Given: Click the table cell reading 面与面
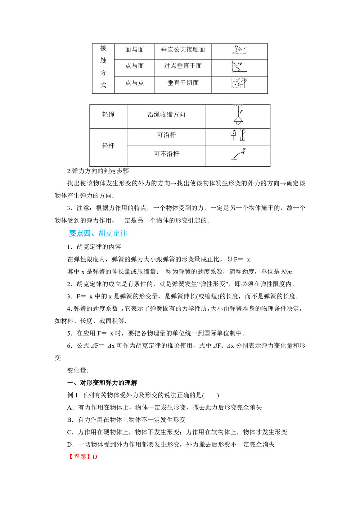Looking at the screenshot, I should tap(134, 50).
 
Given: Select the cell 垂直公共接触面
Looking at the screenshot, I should tap(183, 50).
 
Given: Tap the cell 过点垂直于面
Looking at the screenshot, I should tap(183, 66).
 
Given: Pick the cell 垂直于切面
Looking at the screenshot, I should tap(183, 83).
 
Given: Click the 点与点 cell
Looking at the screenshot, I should tap(134, 83).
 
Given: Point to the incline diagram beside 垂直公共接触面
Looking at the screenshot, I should tap(239, 50).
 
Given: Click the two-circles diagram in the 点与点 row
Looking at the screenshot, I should tap(239, 83).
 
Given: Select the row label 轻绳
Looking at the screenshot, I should tap(108, 114).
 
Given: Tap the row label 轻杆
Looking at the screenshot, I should tap(108, 146).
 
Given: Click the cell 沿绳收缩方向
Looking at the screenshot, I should tap(166, 114).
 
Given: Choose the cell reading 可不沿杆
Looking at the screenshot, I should tap(166, 154).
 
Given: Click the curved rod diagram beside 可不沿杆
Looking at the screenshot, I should tap(238, 154).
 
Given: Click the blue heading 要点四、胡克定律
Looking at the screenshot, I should tap(98, 233).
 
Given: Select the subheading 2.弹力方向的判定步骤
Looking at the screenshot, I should tap(98, 171).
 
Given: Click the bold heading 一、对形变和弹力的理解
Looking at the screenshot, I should tap(102, 383).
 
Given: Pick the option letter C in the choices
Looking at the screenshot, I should tap(70, 432).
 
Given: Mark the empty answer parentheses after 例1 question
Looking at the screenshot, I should tap(211, 395).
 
